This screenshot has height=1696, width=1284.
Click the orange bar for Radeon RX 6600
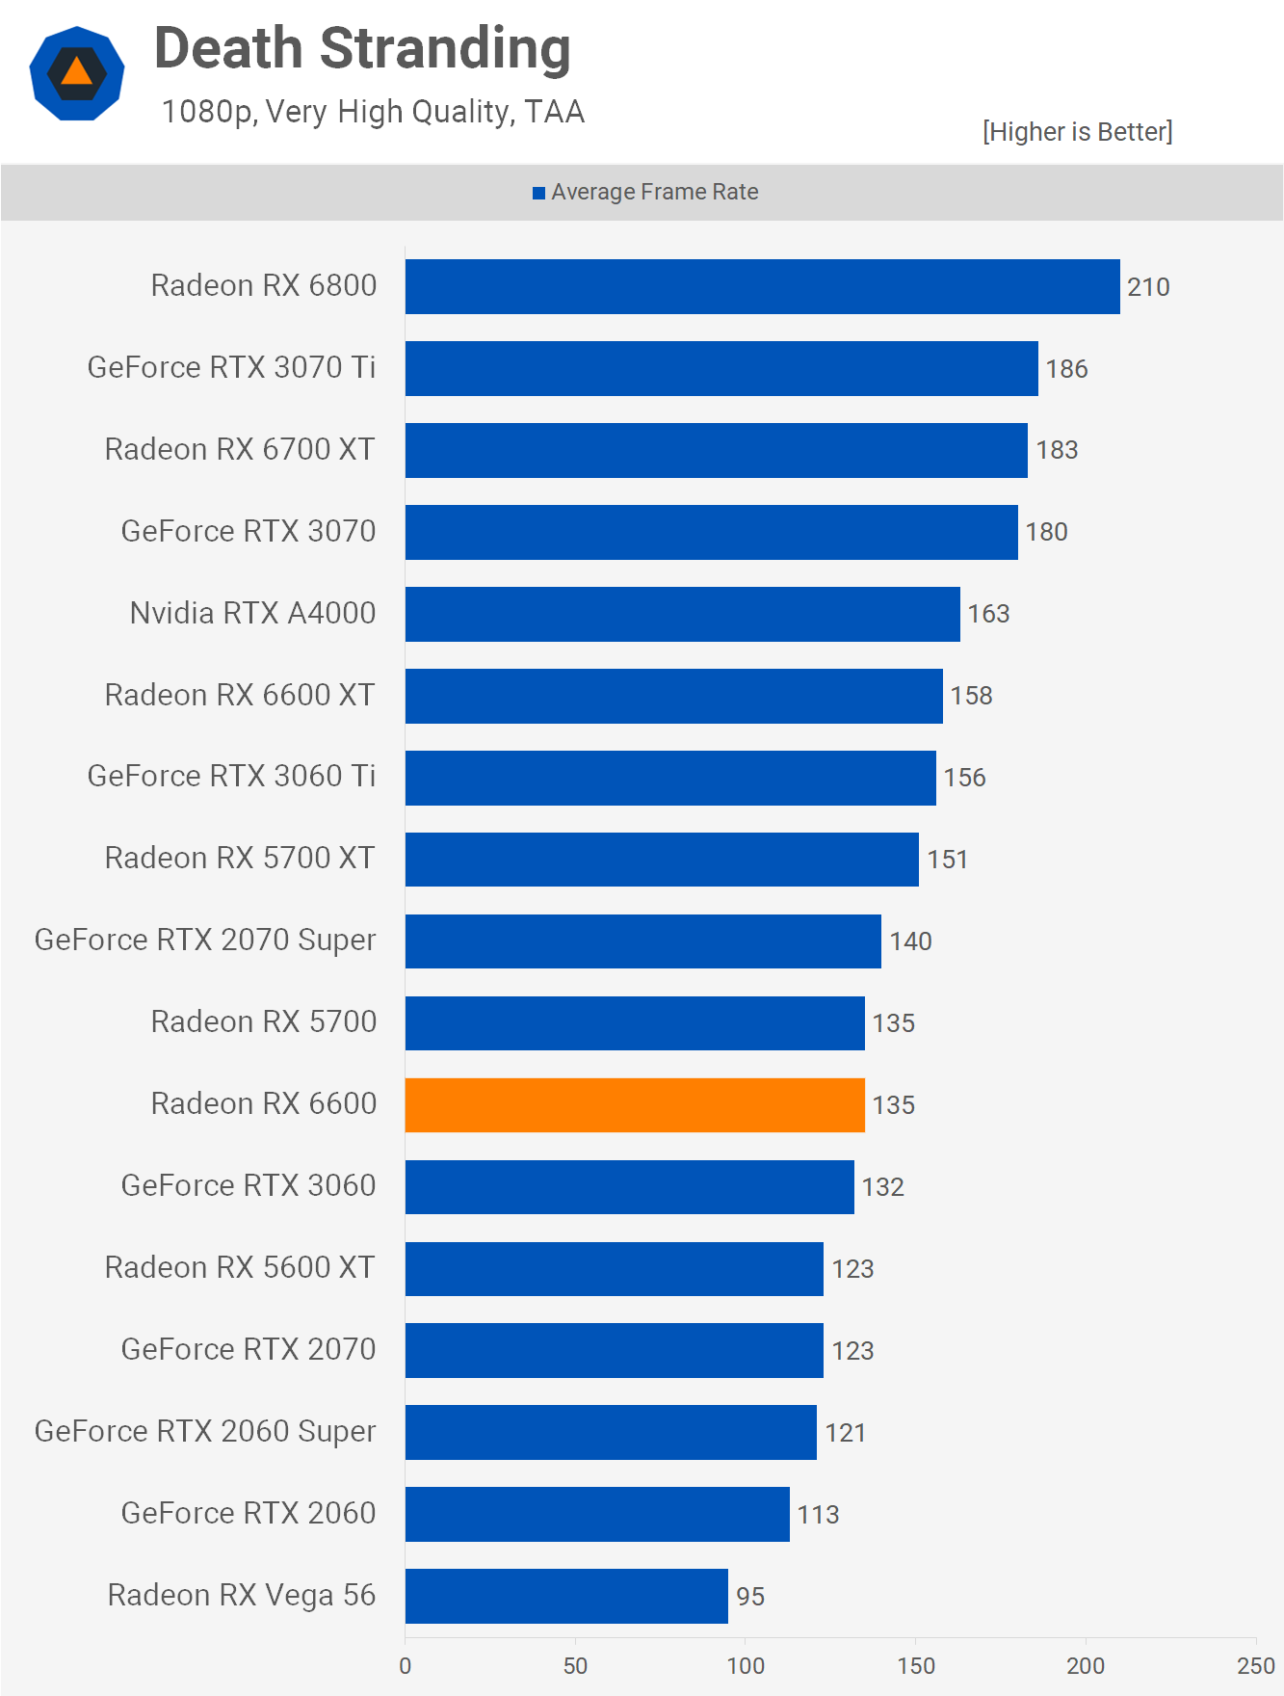pos(635,1104)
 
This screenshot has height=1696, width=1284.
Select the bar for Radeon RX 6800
pos(762,286)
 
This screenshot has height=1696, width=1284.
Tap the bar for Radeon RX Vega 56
pos(566,1596)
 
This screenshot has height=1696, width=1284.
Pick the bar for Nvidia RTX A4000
pos(682,614)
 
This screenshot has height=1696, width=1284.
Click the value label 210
pos(1148,287)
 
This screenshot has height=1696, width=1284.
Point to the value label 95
pos(750,1597)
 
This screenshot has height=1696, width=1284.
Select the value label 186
pos(1066,369)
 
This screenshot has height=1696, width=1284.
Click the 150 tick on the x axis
pos(916,1666)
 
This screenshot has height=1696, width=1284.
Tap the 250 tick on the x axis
pos(1255,1666)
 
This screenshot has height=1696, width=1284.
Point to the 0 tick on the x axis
pos(406,1666)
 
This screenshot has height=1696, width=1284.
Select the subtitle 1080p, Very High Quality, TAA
pos(373,112)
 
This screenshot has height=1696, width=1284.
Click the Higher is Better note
pos(1077,132)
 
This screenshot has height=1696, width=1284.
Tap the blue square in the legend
pos(539,193)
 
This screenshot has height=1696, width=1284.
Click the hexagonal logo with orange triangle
pos(77,73)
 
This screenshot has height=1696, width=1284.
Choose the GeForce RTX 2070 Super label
pos(205,941)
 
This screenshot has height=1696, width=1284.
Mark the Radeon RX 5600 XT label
pos(240,1268)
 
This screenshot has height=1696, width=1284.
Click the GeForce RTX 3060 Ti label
pos(231,777)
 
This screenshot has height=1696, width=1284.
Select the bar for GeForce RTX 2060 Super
pos(611,1432)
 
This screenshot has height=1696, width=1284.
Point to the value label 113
pos(818,1515)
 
